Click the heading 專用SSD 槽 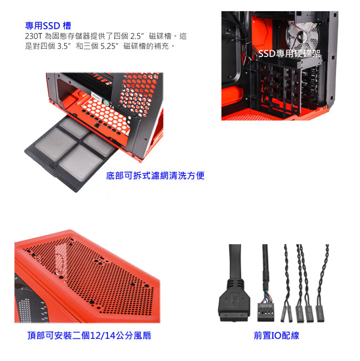click(x=48, y=25)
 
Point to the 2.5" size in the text click(x=137, y=36)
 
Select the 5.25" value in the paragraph click(x=110, y=46)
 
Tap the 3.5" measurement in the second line click(x=64, y=46)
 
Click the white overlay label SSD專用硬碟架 click(x=289, y=54)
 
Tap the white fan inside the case click(x=302, y=36)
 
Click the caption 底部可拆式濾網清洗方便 click(x=155, y=176)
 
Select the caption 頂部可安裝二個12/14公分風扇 click(x=89, y=336)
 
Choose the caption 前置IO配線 click(x=276, y=336)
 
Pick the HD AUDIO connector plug click(x=265, y=312)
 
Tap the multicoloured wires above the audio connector click(x=267, y=297)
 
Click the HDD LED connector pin click(x=309, y=313)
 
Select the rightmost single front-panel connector click(x=320, y=313)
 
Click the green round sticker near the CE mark click(x=106, y=103)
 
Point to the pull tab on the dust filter click(x=54, y=164)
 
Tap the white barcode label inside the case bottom click(x=96, y=95)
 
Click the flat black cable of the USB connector click(x=235, y=262)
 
